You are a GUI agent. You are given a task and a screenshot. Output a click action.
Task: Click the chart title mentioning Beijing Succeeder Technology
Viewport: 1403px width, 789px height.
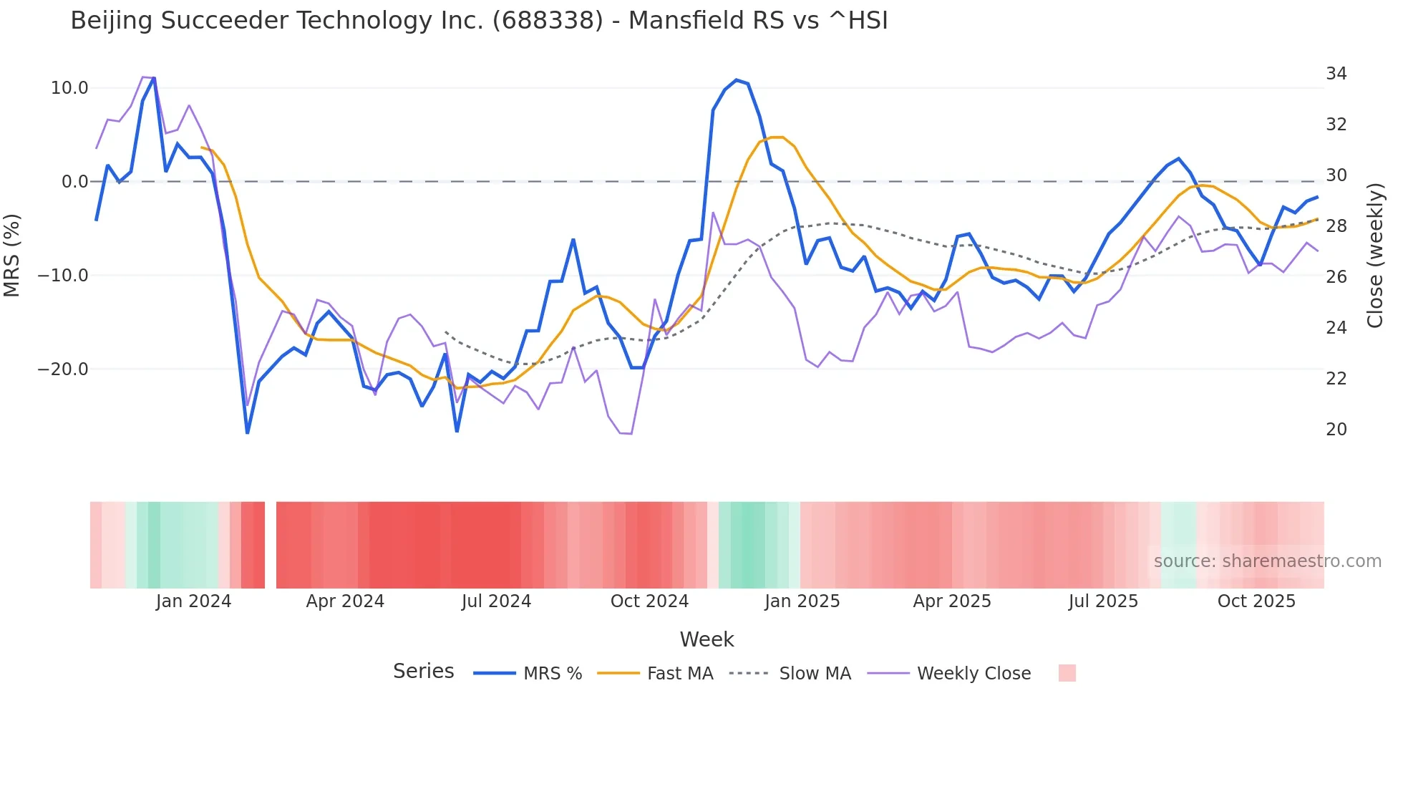coord(479,21)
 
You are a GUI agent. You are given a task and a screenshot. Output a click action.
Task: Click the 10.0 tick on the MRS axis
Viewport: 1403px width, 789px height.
coord(69,88)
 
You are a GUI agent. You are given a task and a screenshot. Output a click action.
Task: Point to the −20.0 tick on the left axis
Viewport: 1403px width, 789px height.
coord(63,369)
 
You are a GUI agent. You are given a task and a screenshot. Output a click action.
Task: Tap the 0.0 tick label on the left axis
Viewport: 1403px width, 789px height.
coord(74,182)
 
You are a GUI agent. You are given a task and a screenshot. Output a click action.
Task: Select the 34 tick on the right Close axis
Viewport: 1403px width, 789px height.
coord(1336,74)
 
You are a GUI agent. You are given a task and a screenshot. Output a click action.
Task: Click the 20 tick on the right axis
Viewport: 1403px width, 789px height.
coord(1336,430)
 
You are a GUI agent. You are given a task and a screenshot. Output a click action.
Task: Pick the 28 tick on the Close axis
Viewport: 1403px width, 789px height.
coord(1336,226)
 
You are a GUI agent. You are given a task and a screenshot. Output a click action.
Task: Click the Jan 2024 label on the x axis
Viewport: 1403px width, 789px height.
coord(193,601)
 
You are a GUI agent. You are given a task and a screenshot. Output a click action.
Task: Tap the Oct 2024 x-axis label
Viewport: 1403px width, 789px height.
coord(649,601)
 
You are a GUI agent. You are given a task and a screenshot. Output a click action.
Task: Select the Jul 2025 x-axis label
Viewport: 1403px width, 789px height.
coord(1103,601)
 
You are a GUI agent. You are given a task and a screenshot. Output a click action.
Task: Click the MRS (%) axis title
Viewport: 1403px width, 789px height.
coord(12,255)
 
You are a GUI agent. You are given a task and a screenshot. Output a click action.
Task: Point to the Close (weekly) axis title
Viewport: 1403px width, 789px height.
coord(1374,256)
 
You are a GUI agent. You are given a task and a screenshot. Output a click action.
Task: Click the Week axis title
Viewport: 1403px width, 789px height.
coord(707,639)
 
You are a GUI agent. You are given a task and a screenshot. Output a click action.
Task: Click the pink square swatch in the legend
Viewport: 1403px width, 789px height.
coord(1067,673)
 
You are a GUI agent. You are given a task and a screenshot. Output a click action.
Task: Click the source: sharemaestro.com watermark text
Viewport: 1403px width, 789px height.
coord(1267,561)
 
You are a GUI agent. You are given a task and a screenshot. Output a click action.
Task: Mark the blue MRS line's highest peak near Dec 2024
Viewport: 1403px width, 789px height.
coord(737,80)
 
